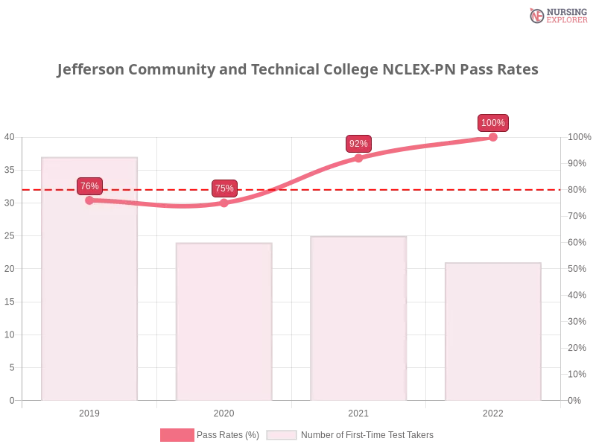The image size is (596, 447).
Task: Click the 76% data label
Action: tap(89, 186)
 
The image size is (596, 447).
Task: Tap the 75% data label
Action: tap(224, 188)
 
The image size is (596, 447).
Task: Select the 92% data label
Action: tap(358, 144)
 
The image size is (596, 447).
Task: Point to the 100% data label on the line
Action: tap(492, 123)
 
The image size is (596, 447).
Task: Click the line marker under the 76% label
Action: tap(89, 200)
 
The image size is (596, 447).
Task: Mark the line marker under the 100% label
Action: tap(492, 136)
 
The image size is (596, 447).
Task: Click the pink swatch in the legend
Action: tap(177, 434)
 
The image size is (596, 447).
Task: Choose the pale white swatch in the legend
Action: tap(282, 434)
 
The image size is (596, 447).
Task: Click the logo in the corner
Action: tap(557, 15)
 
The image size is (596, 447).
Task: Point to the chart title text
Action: tap(298, 71)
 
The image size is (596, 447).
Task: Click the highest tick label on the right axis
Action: tap(577, 136)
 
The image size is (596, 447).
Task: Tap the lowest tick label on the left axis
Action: tap(10, 399)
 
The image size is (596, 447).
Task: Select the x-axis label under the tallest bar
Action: tap(89, 412)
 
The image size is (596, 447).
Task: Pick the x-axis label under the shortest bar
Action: tap(493, 412)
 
